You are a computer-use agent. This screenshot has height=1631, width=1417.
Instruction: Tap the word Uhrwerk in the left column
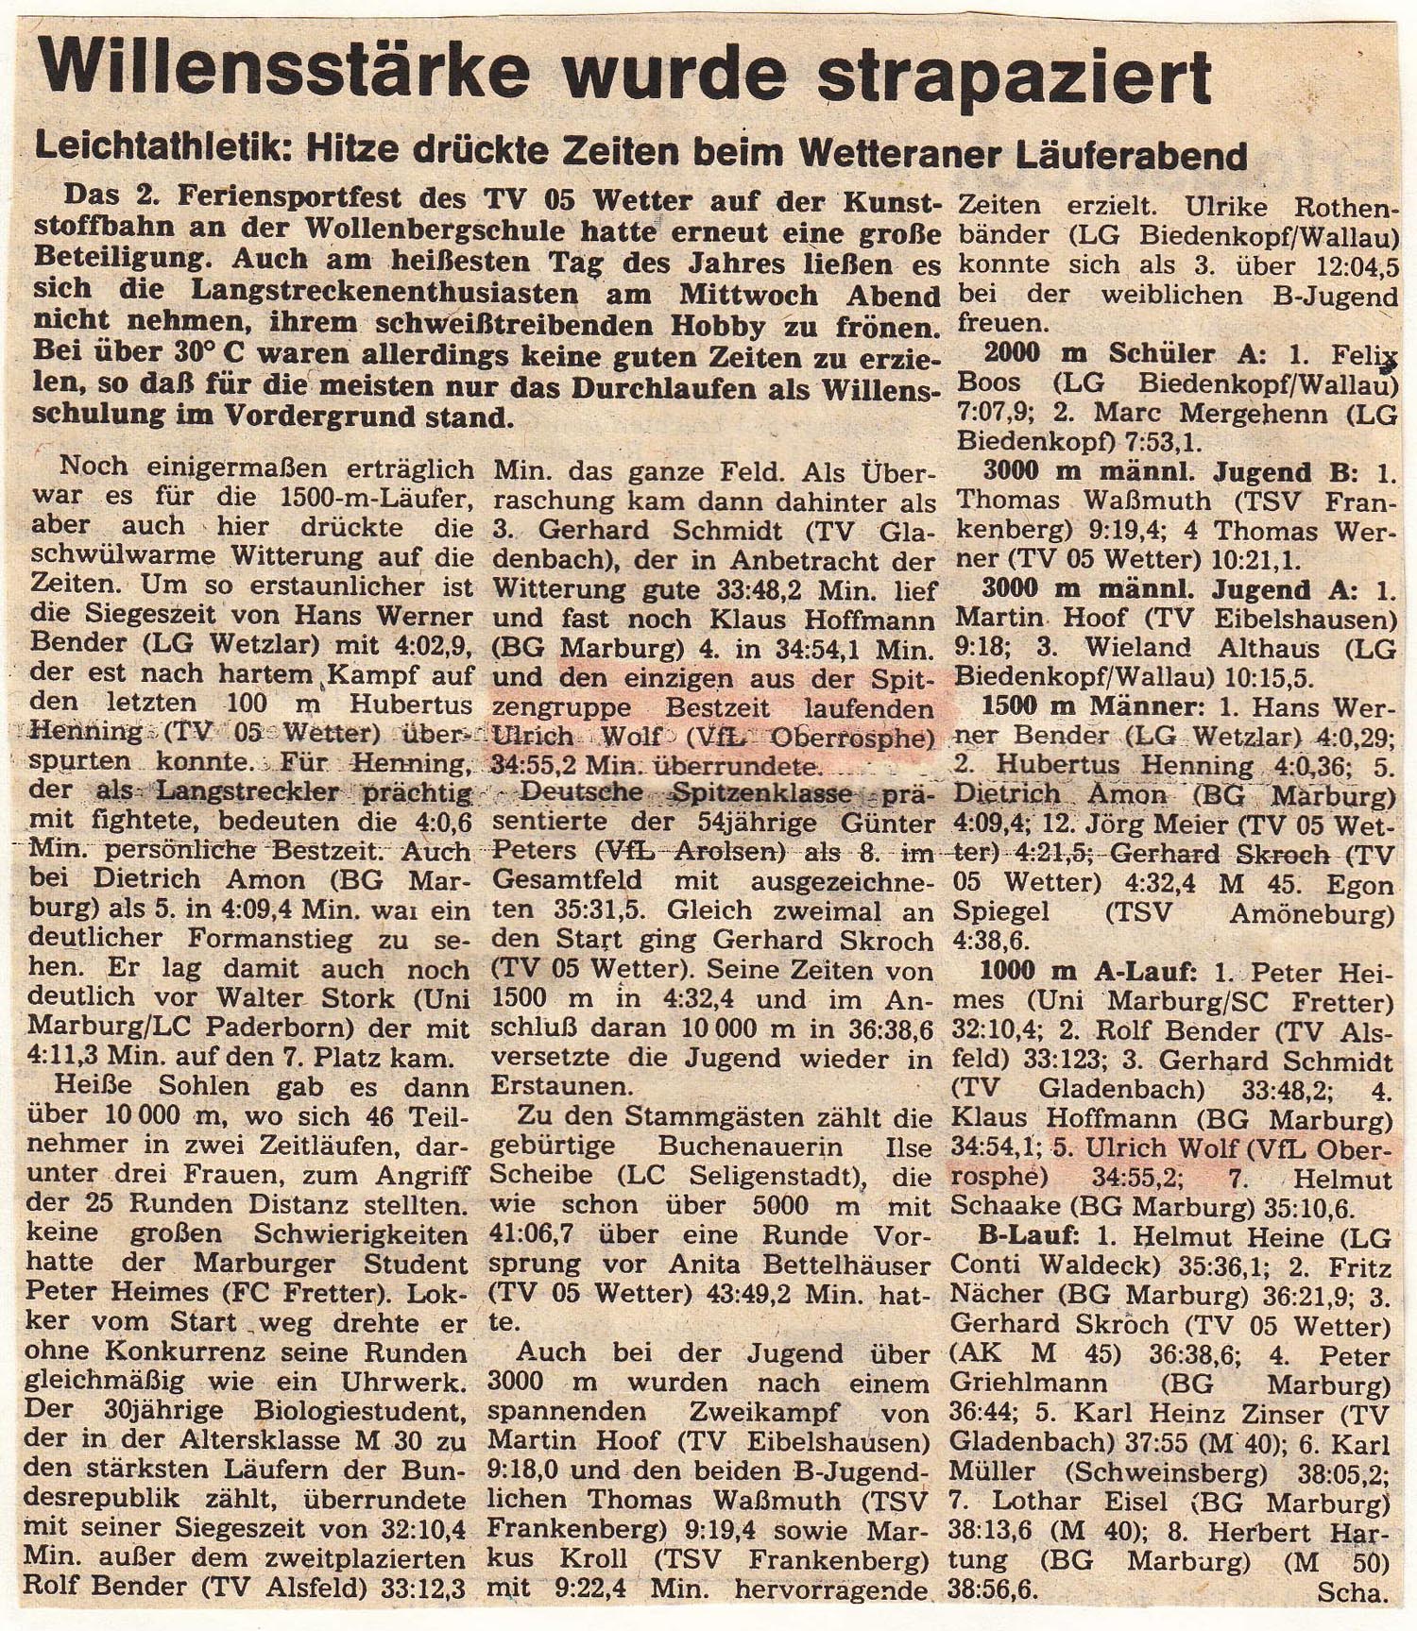click(x=414, y=1384)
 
